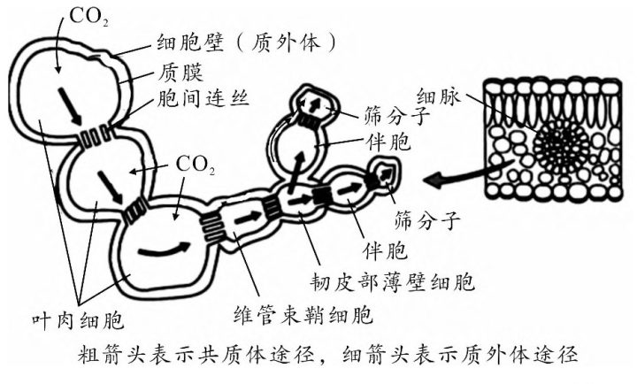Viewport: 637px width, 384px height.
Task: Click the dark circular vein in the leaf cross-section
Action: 553,141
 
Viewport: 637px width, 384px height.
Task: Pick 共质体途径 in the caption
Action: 242,356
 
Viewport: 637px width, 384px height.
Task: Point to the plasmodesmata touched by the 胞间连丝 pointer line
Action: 92,139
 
